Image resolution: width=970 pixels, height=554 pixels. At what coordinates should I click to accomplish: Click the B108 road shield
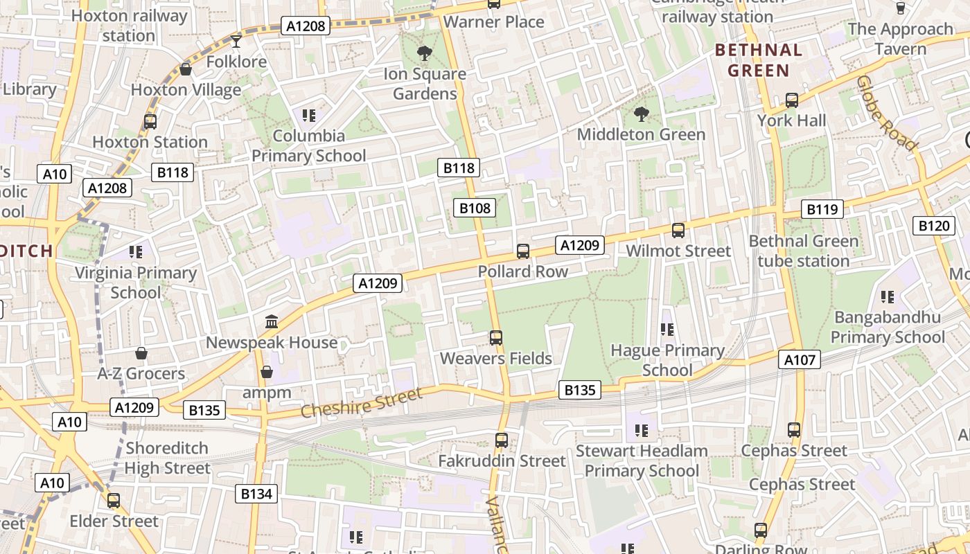(475, 208)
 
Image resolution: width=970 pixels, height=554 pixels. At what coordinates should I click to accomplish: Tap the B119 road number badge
(822, 209)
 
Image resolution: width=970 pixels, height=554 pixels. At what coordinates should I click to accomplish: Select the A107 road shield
(800, 359)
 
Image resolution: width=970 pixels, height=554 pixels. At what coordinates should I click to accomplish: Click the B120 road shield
(933, 225)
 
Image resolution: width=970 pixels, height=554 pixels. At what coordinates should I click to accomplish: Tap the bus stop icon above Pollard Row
(523, 251)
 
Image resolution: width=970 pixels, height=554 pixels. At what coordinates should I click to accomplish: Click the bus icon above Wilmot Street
(678, 231)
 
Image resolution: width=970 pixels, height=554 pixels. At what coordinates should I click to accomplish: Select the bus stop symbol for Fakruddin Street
(502, 440)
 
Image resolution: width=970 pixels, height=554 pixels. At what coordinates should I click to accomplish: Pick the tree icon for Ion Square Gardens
(424, 53)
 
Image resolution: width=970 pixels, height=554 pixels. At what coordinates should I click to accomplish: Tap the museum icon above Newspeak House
(272, 322)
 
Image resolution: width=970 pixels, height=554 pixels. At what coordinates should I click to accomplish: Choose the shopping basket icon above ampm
(267, 373)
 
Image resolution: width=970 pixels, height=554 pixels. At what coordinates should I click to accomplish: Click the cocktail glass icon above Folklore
(236, 42)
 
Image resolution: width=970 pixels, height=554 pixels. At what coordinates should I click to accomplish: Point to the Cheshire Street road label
(361, 403)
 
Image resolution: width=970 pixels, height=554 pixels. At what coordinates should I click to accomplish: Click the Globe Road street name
(886, 113)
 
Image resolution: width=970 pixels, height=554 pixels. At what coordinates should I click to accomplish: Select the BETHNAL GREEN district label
(759, 60)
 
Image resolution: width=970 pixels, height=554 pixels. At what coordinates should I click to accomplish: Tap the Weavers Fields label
(496, 359)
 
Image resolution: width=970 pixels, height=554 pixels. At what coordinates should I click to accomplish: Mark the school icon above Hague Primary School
(667, 330)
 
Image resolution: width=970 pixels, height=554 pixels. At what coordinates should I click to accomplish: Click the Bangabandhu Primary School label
(888, 328)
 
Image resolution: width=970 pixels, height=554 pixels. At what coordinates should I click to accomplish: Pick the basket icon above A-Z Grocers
(141, 354)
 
